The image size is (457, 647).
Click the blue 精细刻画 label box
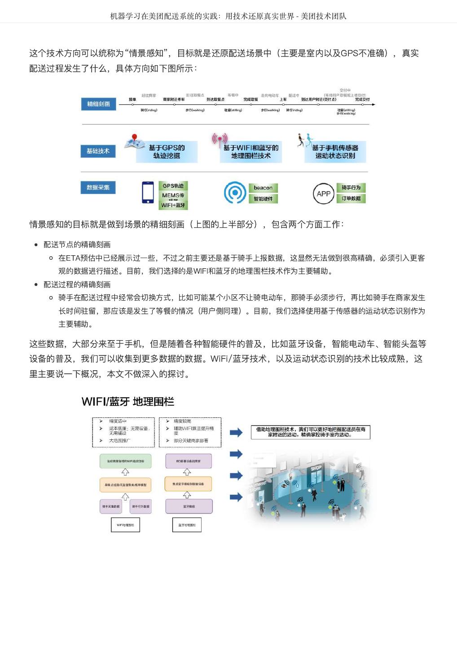click(x=98, y=104)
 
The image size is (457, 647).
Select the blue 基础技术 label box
click(x=98, y=151)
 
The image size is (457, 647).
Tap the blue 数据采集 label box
click(x=98, y=187)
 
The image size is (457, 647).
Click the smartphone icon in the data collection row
click(x=148, y=192)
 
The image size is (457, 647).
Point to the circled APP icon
click(x=323, y=194)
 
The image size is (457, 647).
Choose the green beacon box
click(x=263, y=188)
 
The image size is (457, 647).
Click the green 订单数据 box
click(x=351, y=199)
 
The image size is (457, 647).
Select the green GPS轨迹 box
click(x=173, y=186)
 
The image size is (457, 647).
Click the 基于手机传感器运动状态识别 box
click(x=335, y=152)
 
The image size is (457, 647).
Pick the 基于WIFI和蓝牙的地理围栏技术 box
click(x=251, y=152)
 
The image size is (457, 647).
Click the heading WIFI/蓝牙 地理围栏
click(x=128, y=402)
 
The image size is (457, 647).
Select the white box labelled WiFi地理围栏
click(x=125, y=525)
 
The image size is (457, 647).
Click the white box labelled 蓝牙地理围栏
click(x=187, y=525)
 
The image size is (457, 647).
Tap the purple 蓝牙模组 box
click(x=189, y=506)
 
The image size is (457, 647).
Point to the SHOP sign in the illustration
click(x=316, y=469)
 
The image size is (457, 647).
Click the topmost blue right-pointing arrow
click(x=236, y=432)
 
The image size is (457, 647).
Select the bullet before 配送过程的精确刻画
click(x=36, y=284)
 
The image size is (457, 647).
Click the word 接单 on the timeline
click(x=132, y=99)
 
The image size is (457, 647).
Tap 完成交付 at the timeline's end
click(x=362, y=99)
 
